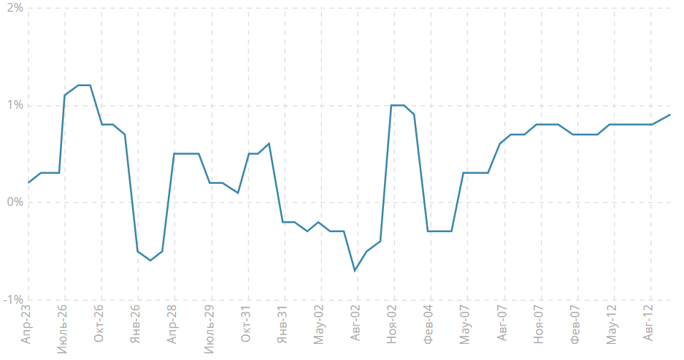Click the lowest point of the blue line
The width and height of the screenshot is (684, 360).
coord(355,271)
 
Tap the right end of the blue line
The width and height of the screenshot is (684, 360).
coord(670,115)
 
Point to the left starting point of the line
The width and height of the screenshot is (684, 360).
coord(28,183)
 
